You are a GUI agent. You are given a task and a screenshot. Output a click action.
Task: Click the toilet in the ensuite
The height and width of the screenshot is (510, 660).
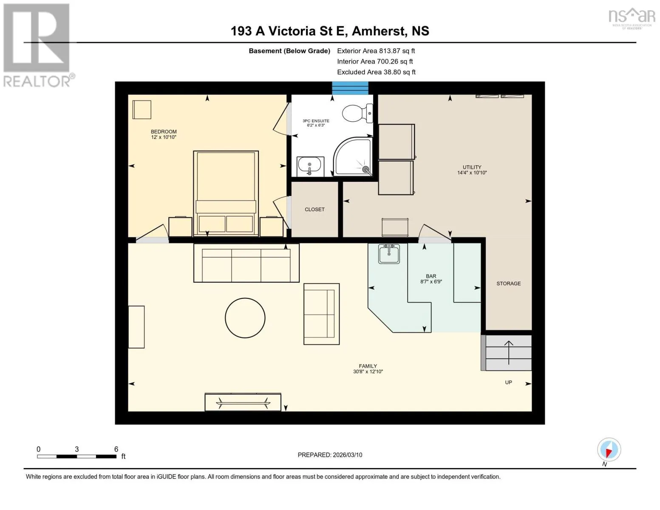point(357,113)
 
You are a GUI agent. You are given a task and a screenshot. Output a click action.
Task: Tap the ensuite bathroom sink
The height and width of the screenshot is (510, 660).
point(310,166)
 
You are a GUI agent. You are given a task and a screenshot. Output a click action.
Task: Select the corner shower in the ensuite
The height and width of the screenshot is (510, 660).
point(353,157)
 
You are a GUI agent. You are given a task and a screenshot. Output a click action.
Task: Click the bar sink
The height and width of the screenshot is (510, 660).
point(389,254)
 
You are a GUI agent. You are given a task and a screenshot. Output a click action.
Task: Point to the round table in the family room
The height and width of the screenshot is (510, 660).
point(245,318)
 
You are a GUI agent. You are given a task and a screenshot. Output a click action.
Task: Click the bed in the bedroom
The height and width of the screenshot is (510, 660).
point(226,193)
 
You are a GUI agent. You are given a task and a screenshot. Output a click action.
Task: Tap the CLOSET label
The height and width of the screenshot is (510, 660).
point(314,210)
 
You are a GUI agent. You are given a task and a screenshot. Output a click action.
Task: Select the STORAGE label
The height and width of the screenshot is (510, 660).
point(509,283)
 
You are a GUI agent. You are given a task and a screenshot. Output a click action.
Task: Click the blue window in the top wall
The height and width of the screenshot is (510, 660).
point(350,88)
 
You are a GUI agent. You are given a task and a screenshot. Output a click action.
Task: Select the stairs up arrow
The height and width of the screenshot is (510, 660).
point(509,352)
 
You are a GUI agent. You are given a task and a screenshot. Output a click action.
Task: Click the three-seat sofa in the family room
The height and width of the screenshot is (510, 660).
point(246,263)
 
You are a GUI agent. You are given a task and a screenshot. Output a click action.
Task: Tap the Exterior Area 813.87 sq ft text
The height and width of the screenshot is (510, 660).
point(376,51)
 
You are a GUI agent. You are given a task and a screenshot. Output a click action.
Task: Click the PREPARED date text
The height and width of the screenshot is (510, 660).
point(330,455)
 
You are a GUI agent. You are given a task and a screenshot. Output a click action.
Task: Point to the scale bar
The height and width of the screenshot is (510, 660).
point(77,456)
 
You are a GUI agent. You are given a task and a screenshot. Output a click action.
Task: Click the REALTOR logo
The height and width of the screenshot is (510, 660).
point(39,45)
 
